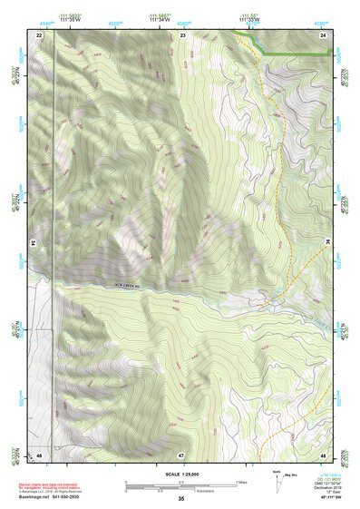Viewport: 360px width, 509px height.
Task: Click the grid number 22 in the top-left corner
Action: click(39, 34)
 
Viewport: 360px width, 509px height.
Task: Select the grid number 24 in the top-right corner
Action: click(323, 34)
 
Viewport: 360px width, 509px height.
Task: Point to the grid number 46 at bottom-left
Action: click(39, 454)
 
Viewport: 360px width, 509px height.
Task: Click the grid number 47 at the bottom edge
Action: click(181, 454)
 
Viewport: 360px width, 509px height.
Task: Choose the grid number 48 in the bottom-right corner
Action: click(323, 454)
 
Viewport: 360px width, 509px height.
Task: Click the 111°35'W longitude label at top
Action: click(69, 18)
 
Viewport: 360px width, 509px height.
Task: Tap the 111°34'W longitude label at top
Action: click(161, 18)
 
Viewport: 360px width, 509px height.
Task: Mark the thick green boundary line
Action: click(290, 55)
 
